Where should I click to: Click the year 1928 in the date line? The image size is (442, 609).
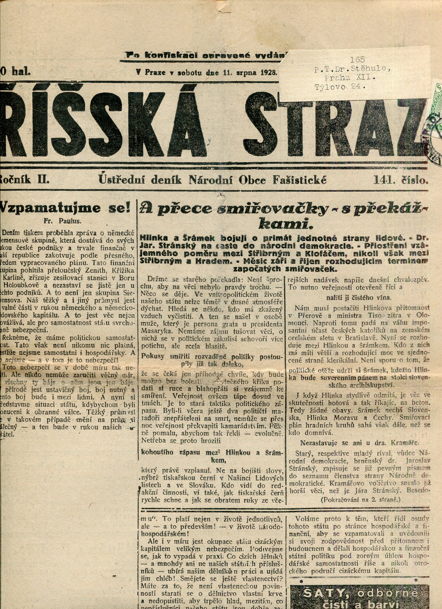(x=269, y=72)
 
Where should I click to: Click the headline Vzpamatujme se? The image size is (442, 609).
(x=65, y=208)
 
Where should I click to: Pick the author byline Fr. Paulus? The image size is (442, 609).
(x=62, y=221)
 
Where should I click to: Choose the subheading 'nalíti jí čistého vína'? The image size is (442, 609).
(x=359, y=297)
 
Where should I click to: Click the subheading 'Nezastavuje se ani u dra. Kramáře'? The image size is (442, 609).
(x=359, y=442)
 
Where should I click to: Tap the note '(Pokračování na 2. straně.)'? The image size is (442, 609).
(x=360, y=500)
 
